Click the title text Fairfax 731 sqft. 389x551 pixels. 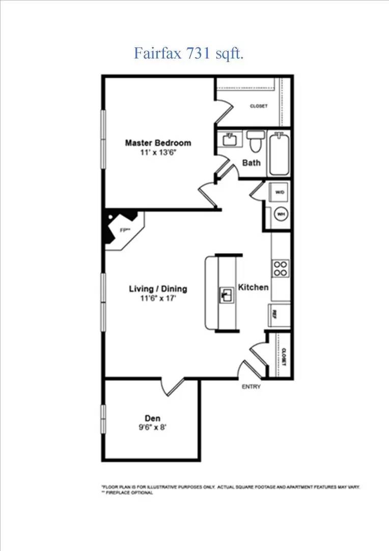click(189, 53)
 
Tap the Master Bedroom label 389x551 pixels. click(158, 143)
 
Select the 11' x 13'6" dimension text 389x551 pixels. click(158, 152)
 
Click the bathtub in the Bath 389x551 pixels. click(279, 153)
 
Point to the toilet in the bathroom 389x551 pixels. click(255, 141)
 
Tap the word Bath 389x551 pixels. click(251, 163)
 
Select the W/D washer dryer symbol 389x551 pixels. click(280, 193)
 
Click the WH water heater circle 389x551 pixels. click(280, 215)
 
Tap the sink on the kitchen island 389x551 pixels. click(226, 294)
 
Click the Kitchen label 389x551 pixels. click(254, 288)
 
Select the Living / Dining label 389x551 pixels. click(158, 289)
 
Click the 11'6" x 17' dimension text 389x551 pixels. click(158, 298)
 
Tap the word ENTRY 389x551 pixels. click(251, 387)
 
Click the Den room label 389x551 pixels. click(152, 418)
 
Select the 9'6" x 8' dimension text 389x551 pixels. click(152, 428)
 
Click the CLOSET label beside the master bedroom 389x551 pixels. click(258, 106)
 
